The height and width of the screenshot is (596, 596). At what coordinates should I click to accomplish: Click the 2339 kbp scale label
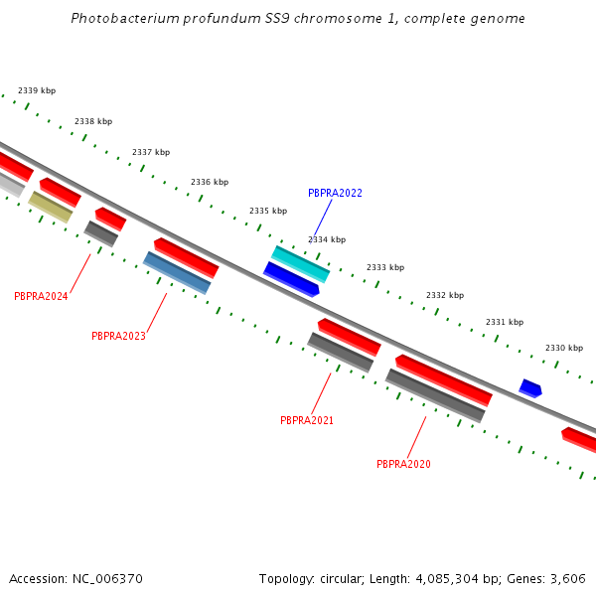pos(37,90)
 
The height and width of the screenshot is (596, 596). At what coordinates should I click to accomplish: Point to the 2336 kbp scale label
pos(210,182)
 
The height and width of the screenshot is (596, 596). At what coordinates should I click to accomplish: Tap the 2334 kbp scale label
pos(327,239)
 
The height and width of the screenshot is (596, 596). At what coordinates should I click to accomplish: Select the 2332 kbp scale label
pos(445,295)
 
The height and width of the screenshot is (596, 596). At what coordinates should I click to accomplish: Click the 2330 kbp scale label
pos(564,348)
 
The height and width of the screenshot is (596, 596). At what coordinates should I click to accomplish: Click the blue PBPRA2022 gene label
pos(335,193)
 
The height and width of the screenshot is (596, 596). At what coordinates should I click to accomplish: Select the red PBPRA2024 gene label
pos(41,296)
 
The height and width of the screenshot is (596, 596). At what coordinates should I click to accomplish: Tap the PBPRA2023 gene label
pos(118,336)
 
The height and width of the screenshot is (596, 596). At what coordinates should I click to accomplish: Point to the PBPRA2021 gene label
pos(307,420)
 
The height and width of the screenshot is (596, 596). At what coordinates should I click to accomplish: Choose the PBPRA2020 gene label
pos(403,464)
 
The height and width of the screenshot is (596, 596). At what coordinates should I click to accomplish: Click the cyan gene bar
pos(300,264)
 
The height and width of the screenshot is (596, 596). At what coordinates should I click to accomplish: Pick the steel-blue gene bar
pos(177,273)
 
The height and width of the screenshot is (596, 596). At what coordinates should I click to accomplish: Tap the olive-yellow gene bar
pos(50,207)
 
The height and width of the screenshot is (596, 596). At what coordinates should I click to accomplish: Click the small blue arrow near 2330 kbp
pos(530,388)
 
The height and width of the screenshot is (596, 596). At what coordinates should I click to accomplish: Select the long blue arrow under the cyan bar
pos(291,280)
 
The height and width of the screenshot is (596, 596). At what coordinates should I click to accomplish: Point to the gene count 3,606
pos(567,578)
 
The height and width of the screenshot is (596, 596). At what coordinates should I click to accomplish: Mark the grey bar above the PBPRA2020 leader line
pos(435,395)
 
